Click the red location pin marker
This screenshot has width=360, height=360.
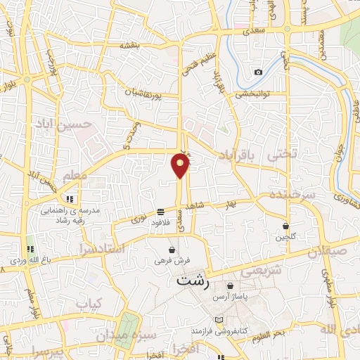pyautogui.click(x=181, y=166)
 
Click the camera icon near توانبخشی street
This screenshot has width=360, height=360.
pyautogui.click(x=258, y=72)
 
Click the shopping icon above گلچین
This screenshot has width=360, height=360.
pyautogui.click(x=286, y=226)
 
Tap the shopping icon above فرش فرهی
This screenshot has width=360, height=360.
pyautogui.click(x=172, y=250)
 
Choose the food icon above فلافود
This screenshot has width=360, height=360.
pyautogui.click(x=161, y=212)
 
